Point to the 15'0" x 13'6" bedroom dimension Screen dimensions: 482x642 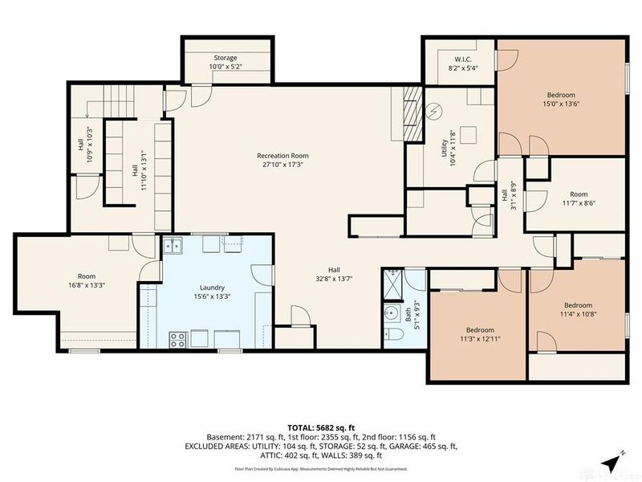(561, 103)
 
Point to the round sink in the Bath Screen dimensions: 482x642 (392, 312)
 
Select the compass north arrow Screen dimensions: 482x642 (614, 462)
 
